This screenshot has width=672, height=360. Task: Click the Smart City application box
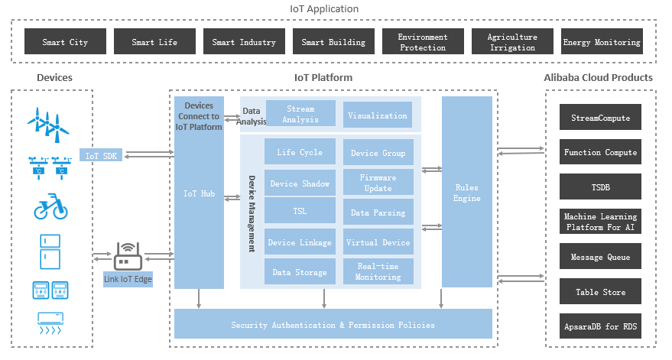[65, 41]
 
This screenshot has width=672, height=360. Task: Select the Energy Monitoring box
[602, 41]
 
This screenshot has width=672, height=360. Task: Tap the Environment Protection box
[423, 41]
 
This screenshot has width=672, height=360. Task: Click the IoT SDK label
[101, 155]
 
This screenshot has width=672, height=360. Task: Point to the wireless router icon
[128, 256]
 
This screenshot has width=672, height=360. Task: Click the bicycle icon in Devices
[51, 206]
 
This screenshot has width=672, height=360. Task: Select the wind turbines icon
[48, 125]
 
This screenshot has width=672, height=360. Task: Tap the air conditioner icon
[50, 323]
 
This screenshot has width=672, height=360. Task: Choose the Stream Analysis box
[300, 114]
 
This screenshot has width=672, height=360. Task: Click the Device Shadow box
[300, 183]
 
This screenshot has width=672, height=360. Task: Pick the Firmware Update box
[378, 182]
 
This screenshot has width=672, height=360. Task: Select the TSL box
[300, 210]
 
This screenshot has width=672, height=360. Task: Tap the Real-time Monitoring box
[378, 271]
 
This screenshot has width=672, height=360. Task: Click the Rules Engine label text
[466, 193]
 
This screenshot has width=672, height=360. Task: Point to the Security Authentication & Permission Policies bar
[333, 324]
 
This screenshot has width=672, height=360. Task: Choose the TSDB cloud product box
[600, 186]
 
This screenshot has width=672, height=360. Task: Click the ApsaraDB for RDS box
[600, 326]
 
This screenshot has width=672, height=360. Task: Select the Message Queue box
[600, 256]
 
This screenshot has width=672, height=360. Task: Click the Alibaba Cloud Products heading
[599, 77]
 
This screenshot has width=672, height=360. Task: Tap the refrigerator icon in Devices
[50, 251]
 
